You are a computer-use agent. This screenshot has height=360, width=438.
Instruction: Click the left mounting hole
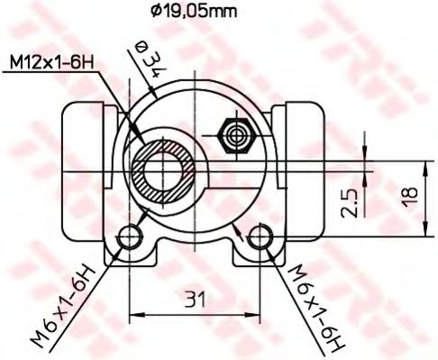click(132, 237)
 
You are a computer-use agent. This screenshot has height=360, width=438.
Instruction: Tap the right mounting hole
click(262, 237)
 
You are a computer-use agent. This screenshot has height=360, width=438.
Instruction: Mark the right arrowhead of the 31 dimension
click(257, 315)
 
